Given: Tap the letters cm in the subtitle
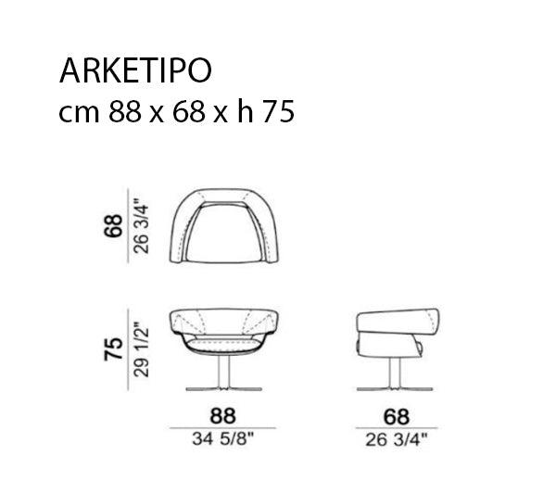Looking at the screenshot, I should coord(81,113).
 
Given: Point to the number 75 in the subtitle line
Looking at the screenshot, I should coord(277,113).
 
